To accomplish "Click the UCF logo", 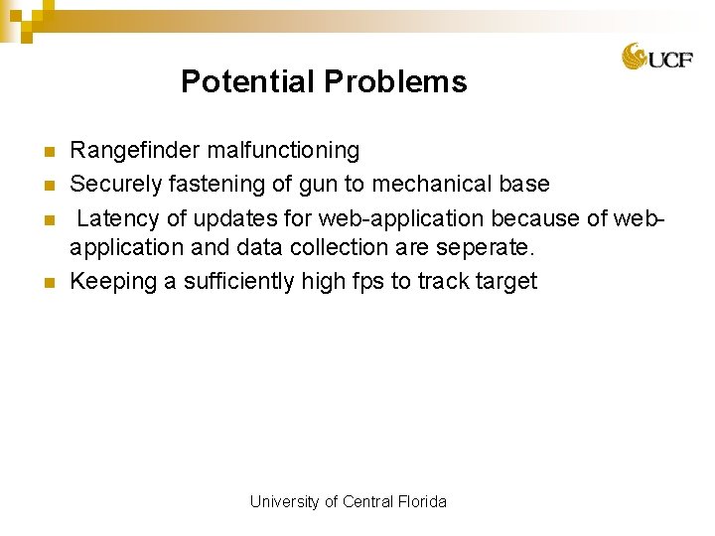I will pyautogui.click(x=650, y=58).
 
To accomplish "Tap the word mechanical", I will pyautogui.click(x=432, y=185).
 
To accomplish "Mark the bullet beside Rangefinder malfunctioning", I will pyautogui.click(x=50, y=152).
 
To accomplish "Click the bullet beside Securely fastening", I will pyautogui.click(x=50, y=186).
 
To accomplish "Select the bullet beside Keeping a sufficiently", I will pyautogui.click(x=50, y=283).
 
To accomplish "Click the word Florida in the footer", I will pyautogui.click(x=421, y=502).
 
